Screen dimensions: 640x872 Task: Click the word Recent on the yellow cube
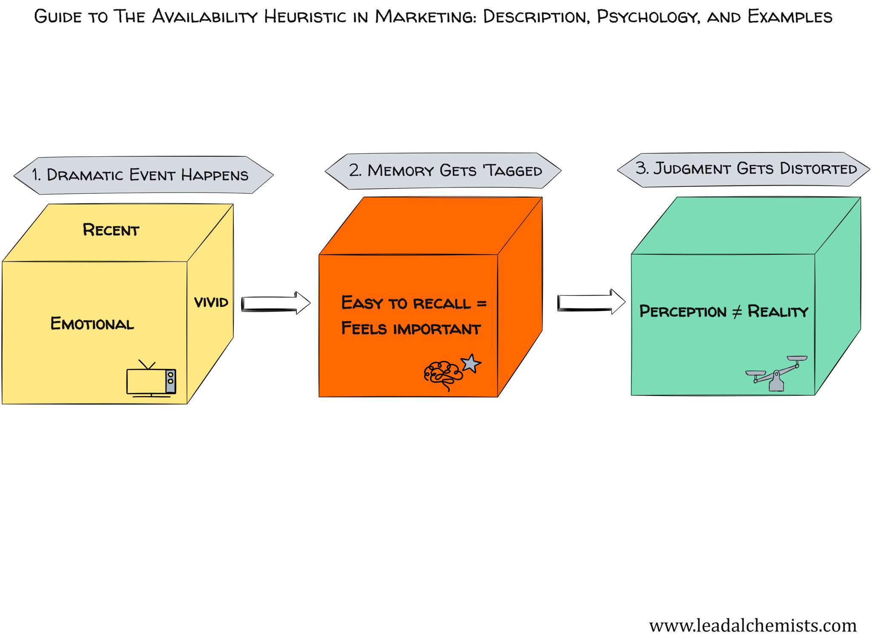(x=111, y=230)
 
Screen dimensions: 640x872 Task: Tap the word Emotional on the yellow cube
(x=92, y=324)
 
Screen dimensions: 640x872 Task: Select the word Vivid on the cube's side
(x=211, y=302)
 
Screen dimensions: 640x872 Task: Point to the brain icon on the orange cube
(x=443, y=374)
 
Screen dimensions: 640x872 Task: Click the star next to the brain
(x=471, y=364)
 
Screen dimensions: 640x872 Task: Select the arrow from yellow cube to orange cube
(x=276, y=303)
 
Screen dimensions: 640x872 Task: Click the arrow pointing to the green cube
(x=591, y=302)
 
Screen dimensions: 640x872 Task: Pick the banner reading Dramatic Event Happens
(x=143, y=175)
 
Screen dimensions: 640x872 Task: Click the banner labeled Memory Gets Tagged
(x=443, y=171)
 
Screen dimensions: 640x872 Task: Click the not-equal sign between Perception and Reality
(x=737, y=312)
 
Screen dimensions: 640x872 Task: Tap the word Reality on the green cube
(x=777, y=311)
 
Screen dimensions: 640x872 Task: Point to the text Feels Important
(x=411, y=329)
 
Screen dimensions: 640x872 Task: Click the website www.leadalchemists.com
(x=752, y=625)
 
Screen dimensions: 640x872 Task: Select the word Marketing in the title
(x=425, y=17)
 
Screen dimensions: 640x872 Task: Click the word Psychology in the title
(x=648, y=17)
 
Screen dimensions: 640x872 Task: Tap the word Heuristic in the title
(x=305, y=17)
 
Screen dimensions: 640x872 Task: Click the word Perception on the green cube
(x=683, y=311)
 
